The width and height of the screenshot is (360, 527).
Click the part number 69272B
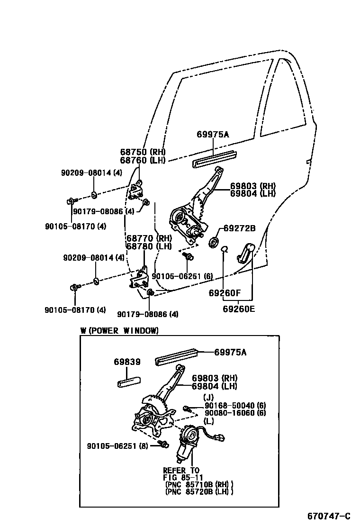[239, 228]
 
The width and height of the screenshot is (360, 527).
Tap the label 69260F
[225, 293]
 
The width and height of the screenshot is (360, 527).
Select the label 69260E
[239, 309]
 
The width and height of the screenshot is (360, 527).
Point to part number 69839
[127, 362]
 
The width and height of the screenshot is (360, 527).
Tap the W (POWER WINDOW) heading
[119, 331]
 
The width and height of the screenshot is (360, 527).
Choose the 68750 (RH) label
[142, 152]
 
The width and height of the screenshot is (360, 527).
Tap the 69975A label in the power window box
[230, 352]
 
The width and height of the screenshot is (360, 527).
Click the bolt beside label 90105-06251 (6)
[189, 256]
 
